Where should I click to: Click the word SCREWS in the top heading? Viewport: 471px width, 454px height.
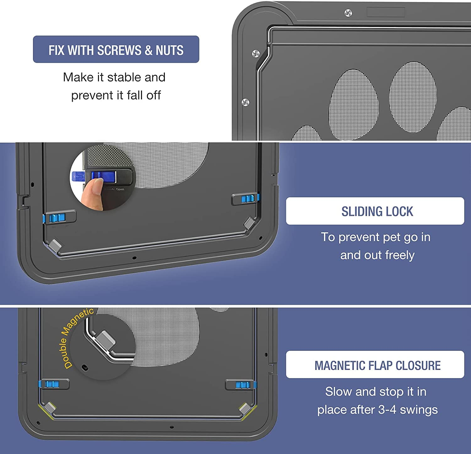click(119, 50)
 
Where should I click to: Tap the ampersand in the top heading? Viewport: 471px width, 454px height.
click(149, 50)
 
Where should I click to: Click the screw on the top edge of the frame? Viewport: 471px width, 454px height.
click(348, 13)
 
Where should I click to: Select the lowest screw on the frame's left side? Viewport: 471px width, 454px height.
click(245, 102)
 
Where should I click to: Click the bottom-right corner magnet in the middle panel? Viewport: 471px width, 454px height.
click(249, 223)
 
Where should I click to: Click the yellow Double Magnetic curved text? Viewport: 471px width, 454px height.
click(75, 335)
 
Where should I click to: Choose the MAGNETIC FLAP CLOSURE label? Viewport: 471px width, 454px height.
click(377, 365)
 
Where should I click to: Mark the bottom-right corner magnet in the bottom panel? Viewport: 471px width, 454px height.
click(245, 409)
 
